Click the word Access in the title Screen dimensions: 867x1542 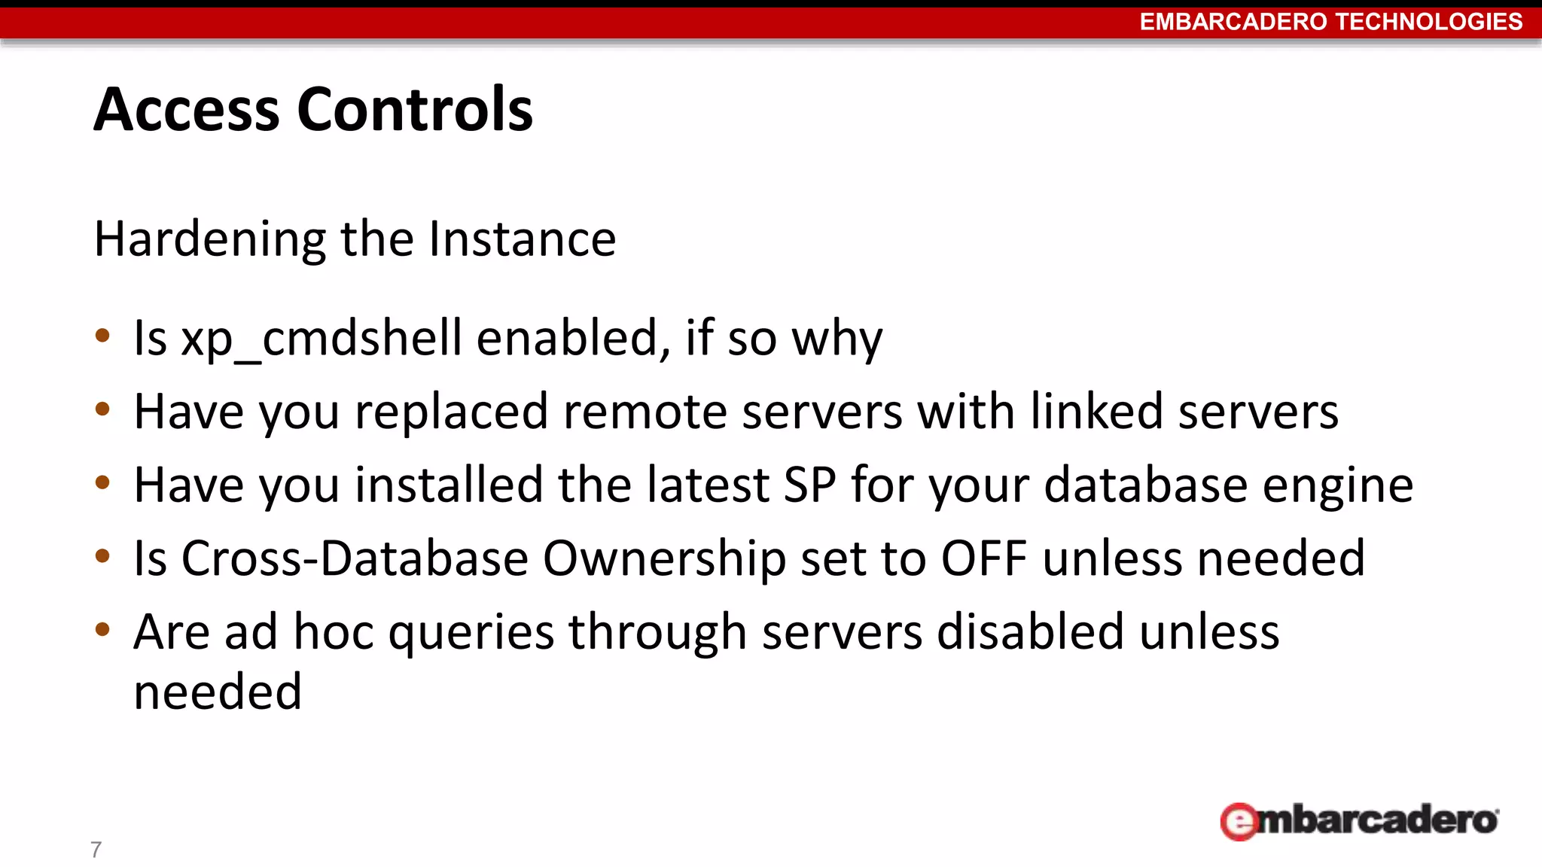pyautogui.click(x=187, y=110)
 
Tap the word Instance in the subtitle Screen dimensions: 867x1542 pyautogui.click(x=523, y=239)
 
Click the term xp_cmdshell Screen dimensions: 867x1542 pyautogui.click(x=322, y=339)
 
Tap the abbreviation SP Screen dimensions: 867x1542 pyautogui.click(x=810, y=485)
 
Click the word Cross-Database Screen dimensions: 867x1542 pyautogui.click(x=355, y=558)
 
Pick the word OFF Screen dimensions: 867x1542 pyautogui.click(x=984, y=558)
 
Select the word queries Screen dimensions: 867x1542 pyautogui.click(x=471, y=633)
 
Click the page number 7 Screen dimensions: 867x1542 pyautogui.click(x=96, y=850)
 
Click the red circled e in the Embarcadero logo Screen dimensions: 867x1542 pyautogui.click(x=1239, y=822)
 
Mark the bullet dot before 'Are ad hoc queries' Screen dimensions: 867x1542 pyautogui.click(x=103, y=629)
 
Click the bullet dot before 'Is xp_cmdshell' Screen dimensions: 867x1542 pyautogui.click(x=103, y=336)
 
